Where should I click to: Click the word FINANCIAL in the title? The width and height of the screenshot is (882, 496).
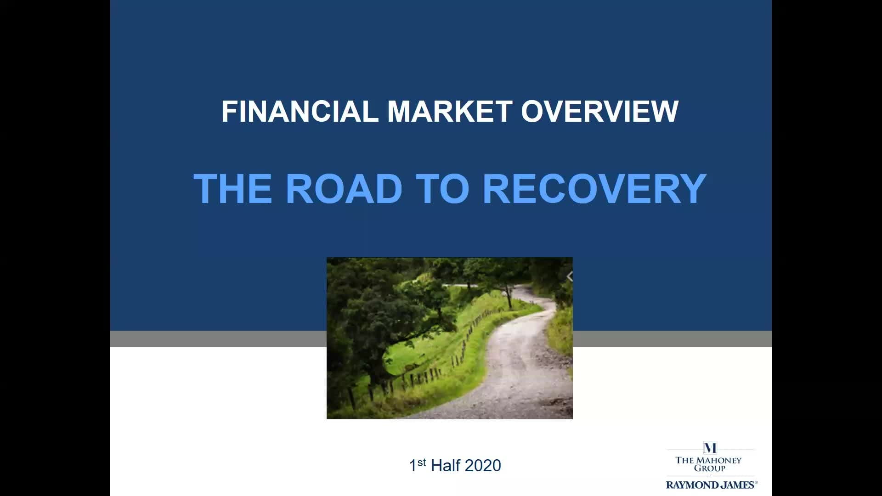pyautogui.click(x=300, y=111)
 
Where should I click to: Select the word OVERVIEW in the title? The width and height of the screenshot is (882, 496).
pyautogui.click(x=600, y=111)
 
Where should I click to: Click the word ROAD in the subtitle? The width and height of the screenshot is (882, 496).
pyautogui.click(x=344, y=188)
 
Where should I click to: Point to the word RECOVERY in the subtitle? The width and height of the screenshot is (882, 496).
pyautogui.click(x=594, y=188)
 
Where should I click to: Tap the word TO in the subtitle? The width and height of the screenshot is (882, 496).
pyautogui.click(x=442, y=188)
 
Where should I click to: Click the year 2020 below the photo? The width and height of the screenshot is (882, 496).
pyautogui.click(x=483, y=466)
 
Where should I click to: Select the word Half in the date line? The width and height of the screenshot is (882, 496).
pyautogui.click(x=446, y=466)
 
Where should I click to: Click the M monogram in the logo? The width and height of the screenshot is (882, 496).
pyautogui.click(x=710, y=448)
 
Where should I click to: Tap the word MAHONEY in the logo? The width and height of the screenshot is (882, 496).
pyautogui.click(x=718, y=460)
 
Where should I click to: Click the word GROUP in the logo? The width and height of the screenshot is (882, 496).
pyautogui.click(x=710, y=468)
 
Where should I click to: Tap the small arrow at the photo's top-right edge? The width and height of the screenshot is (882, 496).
pyautogui.click(x=570, y=276)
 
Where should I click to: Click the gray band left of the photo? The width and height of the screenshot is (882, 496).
pyautogui.click(x=218, y=339)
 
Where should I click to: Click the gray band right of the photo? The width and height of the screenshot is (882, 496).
pyautogui.click(x=672, y=339)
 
